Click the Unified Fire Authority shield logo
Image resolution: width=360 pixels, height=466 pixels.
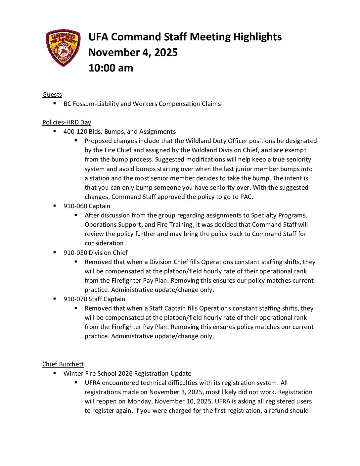pyautogui.click(x=63, y=48)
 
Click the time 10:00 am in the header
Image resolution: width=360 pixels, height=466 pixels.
pyautogui.click(x=111, y=68)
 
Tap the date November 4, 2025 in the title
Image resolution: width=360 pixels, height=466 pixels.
pyautogui.click(x=133, y=52)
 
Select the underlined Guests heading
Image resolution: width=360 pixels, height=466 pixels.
pyautogui.click(x=52, y=95)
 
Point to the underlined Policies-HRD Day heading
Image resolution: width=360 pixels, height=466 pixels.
pyautogui.click(x=67, y=122)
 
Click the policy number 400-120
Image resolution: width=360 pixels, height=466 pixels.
pyautogui.click(x=75, y=132)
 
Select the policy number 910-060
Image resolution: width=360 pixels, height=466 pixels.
pyautogui.click(x=75, y=206)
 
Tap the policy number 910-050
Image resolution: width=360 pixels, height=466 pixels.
pyautogui.click(x=75, y=253)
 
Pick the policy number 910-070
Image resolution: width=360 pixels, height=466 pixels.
pyautogui.click(x=75, y=299)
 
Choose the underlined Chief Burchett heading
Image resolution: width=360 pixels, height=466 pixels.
pyautogui.click(x=63, y=364)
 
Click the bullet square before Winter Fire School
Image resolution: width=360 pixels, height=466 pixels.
pyautogui.click(x=55, y=373)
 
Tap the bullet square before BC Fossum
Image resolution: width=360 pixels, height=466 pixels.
pyautogui.click(x=55, y=103)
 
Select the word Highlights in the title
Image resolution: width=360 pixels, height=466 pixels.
pyautogui.click(x=257, y=37)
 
